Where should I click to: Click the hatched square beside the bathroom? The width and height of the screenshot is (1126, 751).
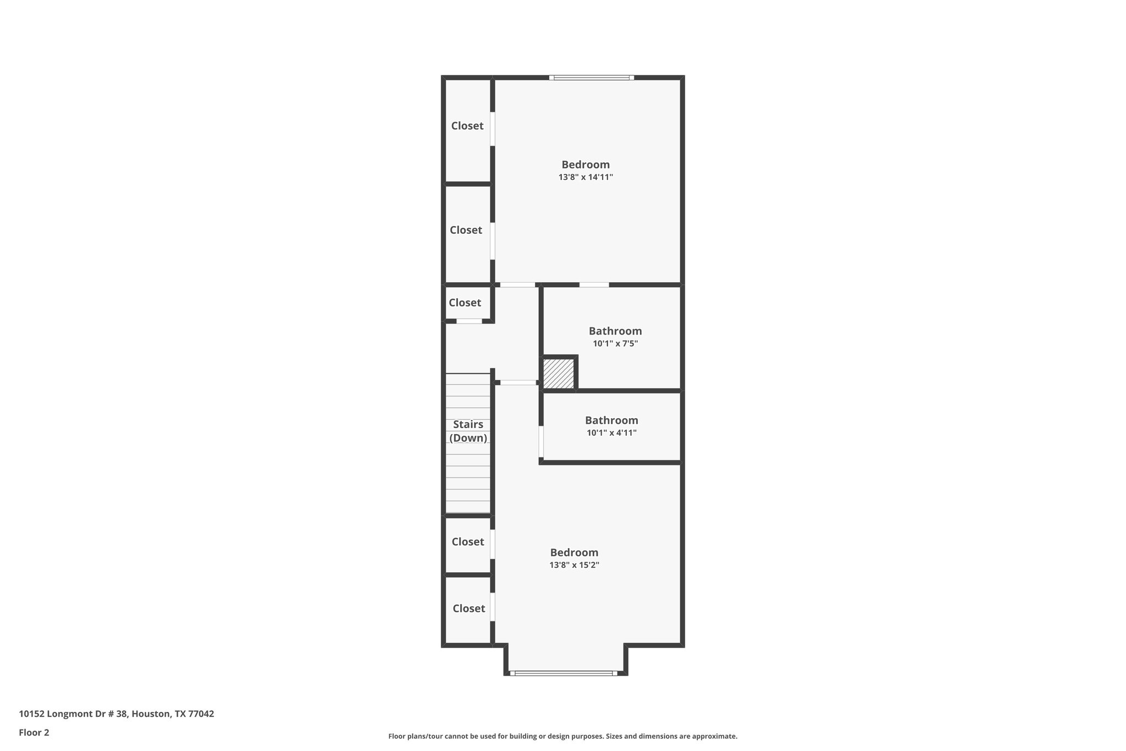pyautogui.click(x=559, y=374)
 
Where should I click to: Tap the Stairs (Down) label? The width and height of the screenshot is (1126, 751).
pyautogui.click(x=468, y=431)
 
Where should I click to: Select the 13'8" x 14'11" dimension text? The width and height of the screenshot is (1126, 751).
pyautogui.click(x=586, y=177)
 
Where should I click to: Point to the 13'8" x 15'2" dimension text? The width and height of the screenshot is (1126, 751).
pyautogui.click(x=574, y=565)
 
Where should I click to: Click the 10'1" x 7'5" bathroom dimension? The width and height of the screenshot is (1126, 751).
pyautogui.click(x=615, y=344)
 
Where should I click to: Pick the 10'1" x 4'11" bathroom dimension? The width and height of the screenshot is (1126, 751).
pyautogui.click(x=611, y=433)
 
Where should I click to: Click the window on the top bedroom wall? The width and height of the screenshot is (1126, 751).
pyautogui.click(x=592, y=78)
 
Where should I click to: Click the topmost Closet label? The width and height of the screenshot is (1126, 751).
pyautogui.click(x=467, y=126)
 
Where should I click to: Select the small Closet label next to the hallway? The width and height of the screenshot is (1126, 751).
pyautogui.click(x=465, y=303)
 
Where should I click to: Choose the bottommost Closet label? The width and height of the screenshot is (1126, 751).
pyautogui.click(x=468, y=609)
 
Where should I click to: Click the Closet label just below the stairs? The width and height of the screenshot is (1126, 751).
pyautogui.click(x=468, y=542)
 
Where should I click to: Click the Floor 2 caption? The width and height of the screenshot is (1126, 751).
pyautogui.click(x=34, y=732)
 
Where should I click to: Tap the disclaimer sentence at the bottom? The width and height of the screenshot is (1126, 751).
pyautogui.click(x=562, y=736)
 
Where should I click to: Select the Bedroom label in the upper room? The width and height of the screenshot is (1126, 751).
pyautogui.click(x=586, y=165)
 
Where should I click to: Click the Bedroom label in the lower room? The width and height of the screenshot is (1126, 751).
pyautogui.click(x=574, y=552)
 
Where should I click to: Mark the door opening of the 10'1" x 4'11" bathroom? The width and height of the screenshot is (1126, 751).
pyautogui.click(x=541, y=441)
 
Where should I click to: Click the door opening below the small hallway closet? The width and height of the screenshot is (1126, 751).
pyautogui.click(x=469, y=321)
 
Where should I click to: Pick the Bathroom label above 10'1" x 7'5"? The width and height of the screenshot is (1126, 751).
pyautogui.click(x=615, y=331)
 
